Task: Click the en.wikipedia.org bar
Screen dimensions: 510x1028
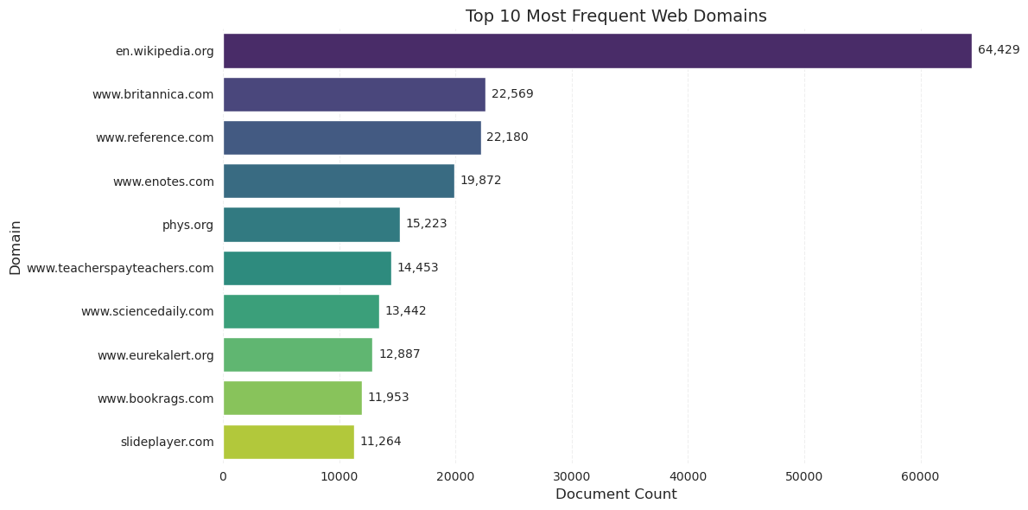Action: [597, 51]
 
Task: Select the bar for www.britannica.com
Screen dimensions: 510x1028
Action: [354, 94]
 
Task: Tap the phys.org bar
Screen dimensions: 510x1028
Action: [311, 225]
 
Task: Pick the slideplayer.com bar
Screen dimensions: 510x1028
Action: [289, 442]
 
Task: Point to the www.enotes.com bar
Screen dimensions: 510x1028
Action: [339, 181]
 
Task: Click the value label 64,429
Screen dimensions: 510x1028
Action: [999, 50]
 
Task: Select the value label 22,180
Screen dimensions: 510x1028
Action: [507, 137]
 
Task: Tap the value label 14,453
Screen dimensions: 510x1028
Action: [417, 268]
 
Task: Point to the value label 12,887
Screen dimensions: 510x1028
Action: [399, 354]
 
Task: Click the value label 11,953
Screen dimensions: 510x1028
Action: [388, 398]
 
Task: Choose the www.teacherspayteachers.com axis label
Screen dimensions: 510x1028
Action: [120, 268]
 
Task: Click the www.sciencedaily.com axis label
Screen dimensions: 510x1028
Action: [147, 311]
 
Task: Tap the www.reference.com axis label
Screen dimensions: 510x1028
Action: [155, 137]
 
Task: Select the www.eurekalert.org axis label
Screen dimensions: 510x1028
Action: [155, 355]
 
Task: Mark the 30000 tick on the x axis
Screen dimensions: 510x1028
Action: [572, 476]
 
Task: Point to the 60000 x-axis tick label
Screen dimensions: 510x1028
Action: [920, 476]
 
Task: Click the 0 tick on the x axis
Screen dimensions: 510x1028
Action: [223, 476]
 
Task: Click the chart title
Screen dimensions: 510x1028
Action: [616, 16]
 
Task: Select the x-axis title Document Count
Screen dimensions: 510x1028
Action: [616, 494]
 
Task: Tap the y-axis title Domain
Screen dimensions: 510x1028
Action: [16, 247]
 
